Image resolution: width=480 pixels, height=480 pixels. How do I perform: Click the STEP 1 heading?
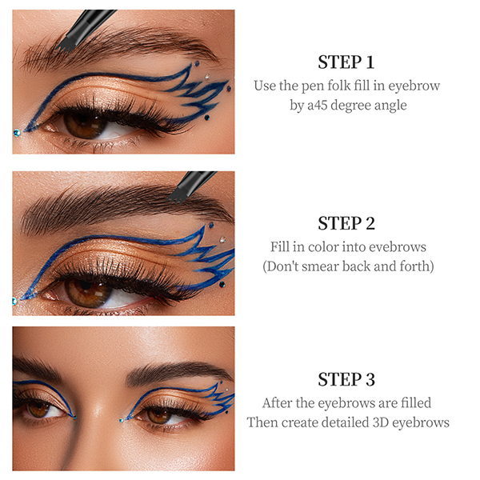tap(346, 62)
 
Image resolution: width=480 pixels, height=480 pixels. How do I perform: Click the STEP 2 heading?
tap(346, 223)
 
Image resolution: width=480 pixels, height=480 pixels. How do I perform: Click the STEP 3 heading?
tap(346, 379)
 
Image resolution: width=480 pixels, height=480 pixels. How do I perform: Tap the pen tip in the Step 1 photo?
tap(63, 47)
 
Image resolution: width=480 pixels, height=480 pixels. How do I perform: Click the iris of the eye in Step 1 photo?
tap(85, 124)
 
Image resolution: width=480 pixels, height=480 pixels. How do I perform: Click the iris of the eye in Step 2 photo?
tap(88, 292)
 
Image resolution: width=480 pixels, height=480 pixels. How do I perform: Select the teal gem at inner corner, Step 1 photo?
tap(17, 133)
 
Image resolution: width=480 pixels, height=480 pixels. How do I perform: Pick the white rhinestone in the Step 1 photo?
tap(207, 76)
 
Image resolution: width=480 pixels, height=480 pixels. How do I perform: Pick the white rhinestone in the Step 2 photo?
tap(222, 239)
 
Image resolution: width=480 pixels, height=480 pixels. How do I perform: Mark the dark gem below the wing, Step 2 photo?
tap(222, 284)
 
